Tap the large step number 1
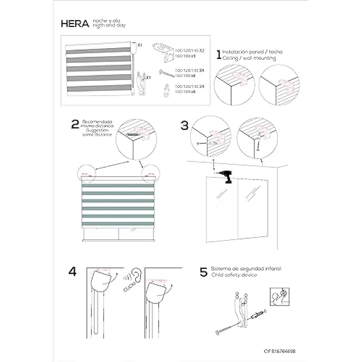[x=219, y=55]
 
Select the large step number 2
[x=75, y=124]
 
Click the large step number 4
[x=72, y=272]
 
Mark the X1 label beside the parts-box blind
[x=140, y=45]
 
